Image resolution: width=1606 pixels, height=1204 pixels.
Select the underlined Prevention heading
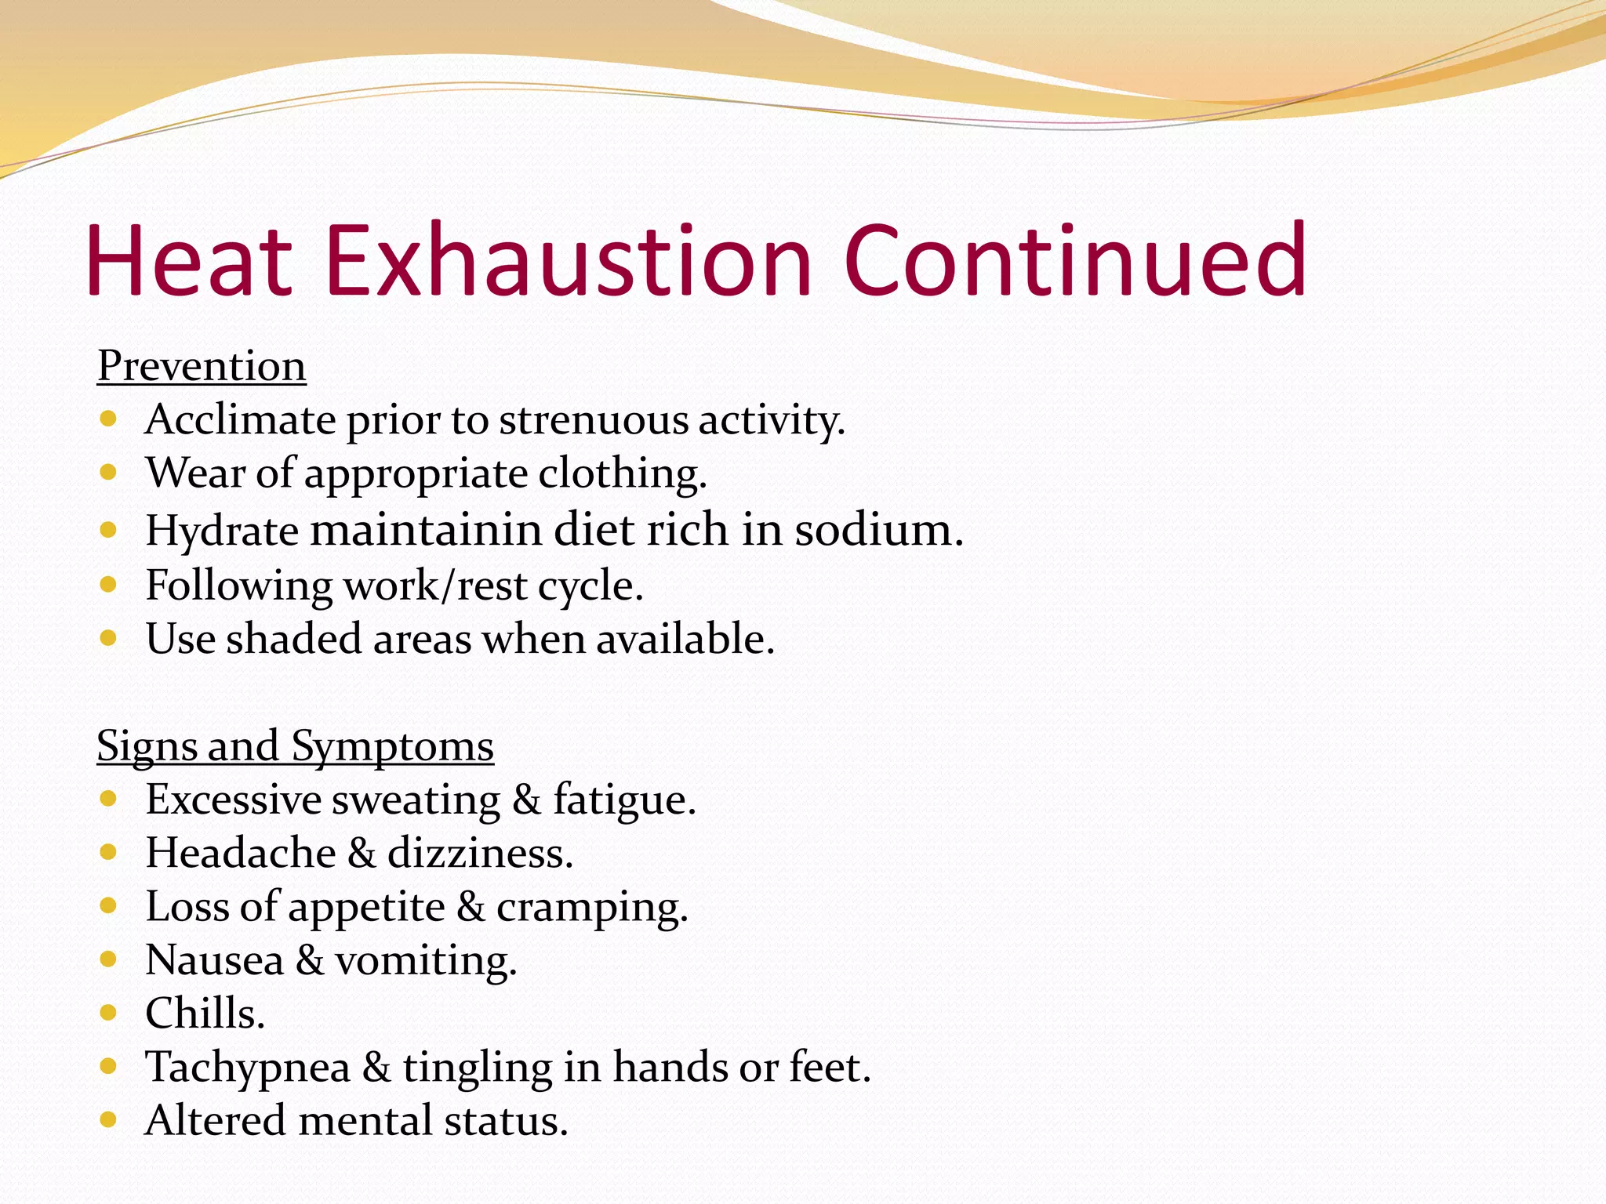[202, 366]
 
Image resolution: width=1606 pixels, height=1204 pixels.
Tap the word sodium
[878, 531]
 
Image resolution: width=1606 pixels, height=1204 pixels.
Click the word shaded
[293, 639]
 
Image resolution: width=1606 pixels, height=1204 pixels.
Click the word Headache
[241, 853]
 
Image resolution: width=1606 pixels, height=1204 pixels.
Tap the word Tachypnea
[247, 1068]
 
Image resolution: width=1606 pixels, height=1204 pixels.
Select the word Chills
[205, 1014]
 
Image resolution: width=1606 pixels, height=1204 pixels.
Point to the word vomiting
[426, 961]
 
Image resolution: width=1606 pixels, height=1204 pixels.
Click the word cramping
[591, 908]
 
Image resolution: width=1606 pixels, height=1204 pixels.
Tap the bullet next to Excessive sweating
[108, 800]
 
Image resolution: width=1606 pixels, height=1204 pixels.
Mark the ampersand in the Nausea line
[310, 961]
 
